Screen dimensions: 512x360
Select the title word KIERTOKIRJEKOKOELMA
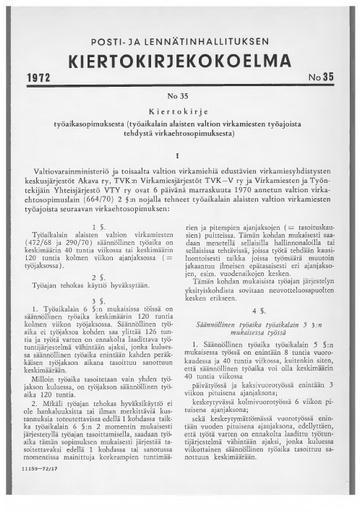pos(180,56)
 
